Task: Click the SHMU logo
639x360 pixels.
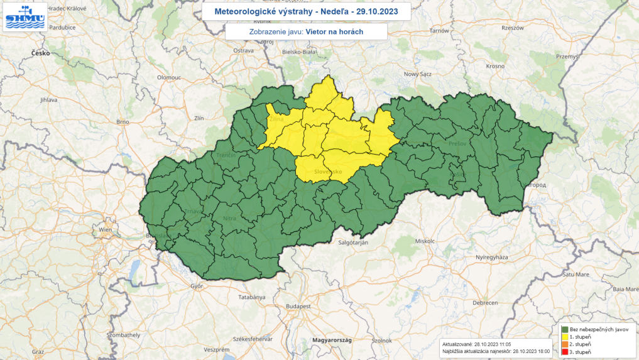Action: point(25,16)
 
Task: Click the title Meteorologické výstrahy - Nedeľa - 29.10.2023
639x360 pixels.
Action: point(306,12)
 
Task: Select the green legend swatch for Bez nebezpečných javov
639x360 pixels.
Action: point(565,329)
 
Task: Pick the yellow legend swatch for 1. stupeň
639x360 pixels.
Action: point(565,337)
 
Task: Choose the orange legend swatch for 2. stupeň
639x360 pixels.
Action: point(565,344)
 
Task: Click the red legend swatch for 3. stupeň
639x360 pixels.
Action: point(565,352)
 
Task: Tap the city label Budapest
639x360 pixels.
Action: point(298,306)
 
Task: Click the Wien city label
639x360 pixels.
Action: point(104,230)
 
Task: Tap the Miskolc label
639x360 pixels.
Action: point(425,241)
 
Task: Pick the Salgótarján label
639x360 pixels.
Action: point(352,242)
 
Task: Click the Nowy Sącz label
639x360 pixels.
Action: point(419,74)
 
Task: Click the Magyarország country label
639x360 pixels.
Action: point(331,340)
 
